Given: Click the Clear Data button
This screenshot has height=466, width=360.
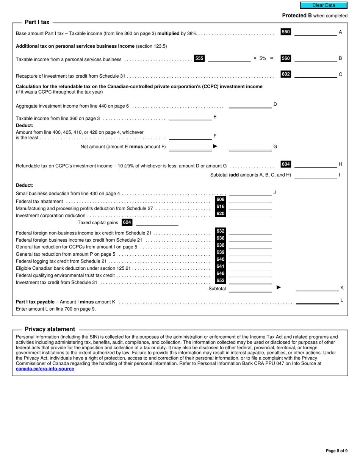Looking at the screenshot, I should click(x=324, y=5).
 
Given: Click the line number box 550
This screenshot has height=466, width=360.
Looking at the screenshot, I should click(x=286, y=32).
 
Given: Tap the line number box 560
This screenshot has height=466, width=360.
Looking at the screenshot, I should click(x=286, y=58).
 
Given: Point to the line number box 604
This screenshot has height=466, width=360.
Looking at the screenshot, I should click(x=286, y=164).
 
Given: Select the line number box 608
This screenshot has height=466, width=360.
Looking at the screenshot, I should click(x=221, y=200).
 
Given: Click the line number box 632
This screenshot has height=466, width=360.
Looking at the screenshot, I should click(x=221, y=231).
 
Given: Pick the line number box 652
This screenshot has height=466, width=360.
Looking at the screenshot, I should click(x=221, y=281).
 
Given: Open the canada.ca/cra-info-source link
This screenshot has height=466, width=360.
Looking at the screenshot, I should click(x=45, y=369).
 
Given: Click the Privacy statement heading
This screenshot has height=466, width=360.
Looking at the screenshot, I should click(x=50, y=329).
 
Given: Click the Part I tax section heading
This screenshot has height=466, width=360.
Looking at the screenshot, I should click(x=37, y=22).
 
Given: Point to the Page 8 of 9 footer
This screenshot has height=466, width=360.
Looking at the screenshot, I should click(x=337, y=451).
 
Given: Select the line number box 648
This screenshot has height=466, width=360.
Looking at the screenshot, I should click(x=221, y=274).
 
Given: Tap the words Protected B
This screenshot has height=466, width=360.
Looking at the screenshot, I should click(x=294, y=16).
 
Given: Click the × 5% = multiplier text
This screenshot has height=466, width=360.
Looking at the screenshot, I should click(x=263, y=58).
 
